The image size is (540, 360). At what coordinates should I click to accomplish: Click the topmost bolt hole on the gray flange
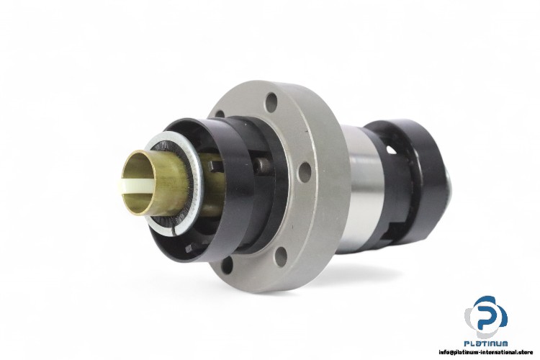[271, 101]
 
